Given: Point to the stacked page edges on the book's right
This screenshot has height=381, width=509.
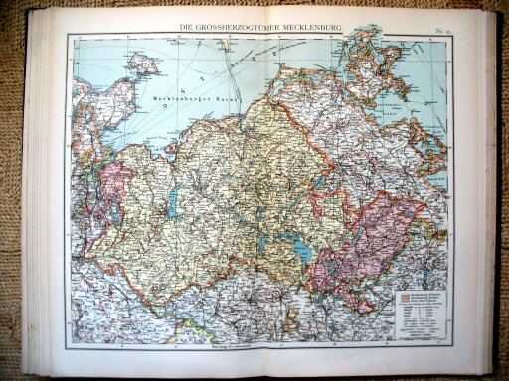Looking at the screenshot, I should pos(489,189).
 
